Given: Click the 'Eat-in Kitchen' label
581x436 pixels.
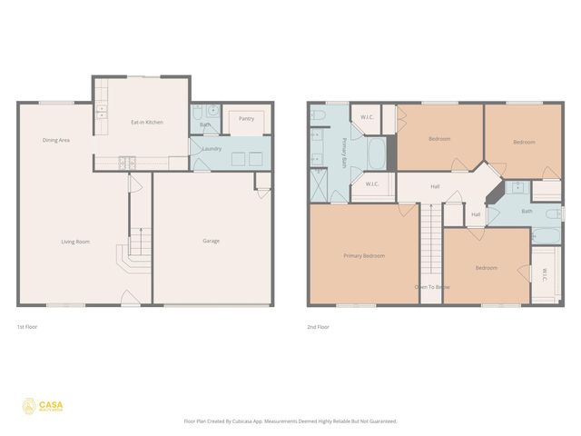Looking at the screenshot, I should (147, 122).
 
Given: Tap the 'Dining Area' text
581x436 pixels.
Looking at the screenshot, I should (56, 140).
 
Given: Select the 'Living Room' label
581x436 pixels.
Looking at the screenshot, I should (75, 241).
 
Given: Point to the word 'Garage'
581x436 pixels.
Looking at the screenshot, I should (211, 241).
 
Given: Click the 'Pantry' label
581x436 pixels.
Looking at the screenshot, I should (246, 118).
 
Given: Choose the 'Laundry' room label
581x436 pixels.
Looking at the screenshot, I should (212, 148).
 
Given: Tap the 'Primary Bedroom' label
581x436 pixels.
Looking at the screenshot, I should (364, 255).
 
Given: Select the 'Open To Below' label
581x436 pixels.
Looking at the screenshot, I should (432, 287).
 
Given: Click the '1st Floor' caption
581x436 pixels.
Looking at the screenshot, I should (27, 325).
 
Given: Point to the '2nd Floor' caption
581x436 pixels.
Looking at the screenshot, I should (319, 325).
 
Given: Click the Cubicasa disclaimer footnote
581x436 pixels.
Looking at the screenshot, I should (290, 421).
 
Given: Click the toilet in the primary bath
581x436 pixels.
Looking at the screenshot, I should (319, 115).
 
